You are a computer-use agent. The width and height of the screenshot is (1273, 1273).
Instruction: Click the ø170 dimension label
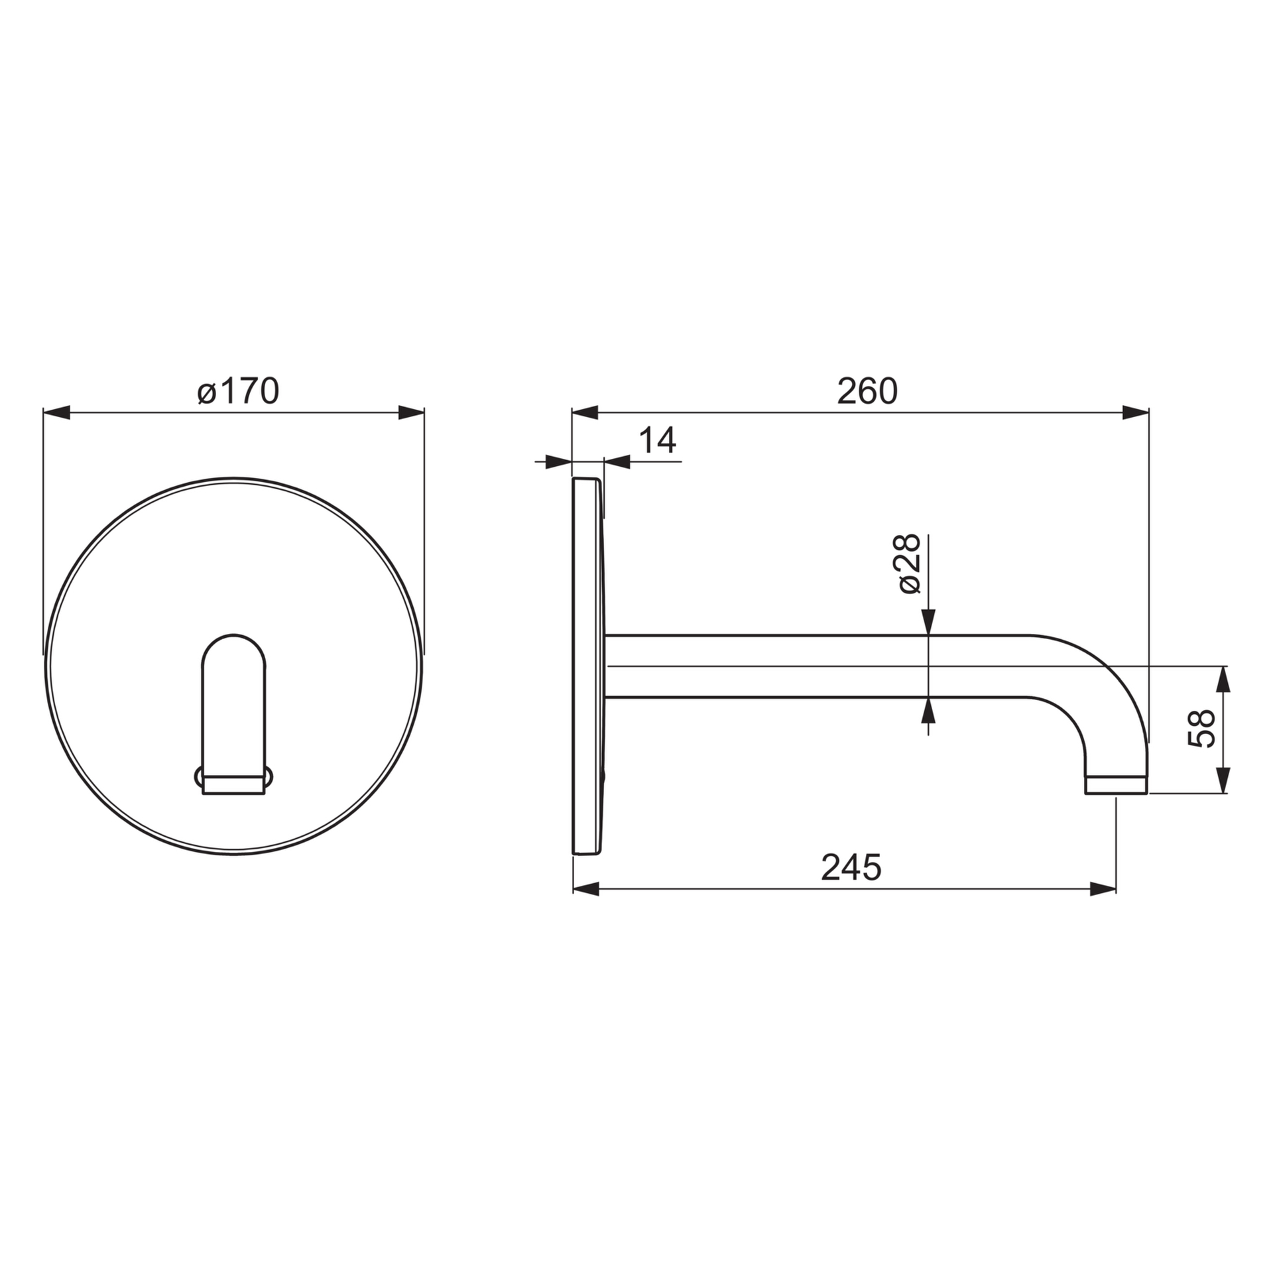click(239, 391)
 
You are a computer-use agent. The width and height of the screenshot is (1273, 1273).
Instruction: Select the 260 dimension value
click(867, 391)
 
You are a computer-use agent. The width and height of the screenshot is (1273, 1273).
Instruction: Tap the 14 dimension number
click(657, 440)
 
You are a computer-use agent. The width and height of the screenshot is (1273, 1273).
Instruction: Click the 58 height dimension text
click(1201, 729)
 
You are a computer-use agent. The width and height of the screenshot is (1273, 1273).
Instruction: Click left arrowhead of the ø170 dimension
click(57, 413)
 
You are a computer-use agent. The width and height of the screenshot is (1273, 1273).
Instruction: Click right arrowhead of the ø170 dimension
click(410, 413)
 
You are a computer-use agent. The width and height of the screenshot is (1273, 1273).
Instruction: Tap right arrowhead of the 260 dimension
click(1135, 413)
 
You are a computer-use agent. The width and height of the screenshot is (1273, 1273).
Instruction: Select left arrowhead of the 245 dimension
click(586, 890)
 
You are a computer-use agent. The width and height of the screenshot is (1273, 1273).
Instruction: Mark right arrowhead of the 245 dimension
click(1103, 890)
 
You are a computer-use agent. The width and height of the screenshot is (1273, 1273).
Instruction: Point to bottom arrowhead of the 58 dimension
click(1223, 780)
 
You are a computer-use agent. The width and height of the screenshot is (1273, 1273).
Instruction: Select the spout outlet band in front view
click(233, 785)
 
